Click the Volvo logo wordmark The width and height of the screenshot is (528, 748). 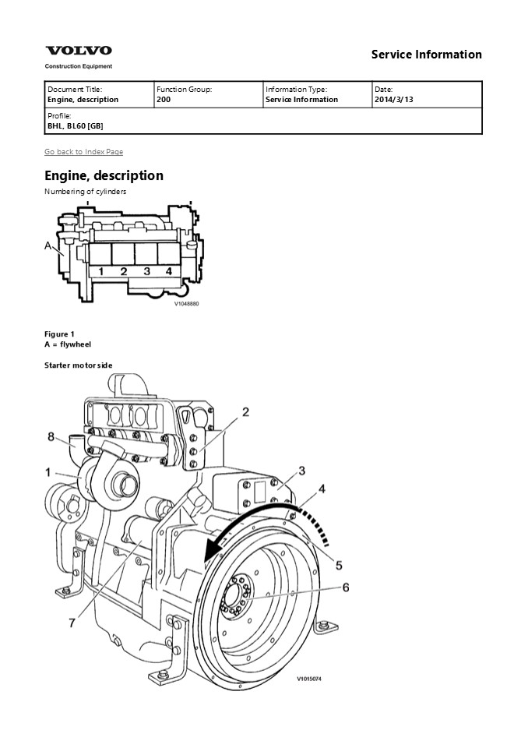[x=78, y=51]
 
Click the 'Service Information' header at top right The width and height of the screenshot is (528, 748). [x=426, y=55]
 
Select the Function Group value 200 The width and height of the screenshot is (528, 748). [x=164, y=100]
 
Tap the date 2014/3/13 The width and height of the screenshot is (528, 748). [x=393, y=100]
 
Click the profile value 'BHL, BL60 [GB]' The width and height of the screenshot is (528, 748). [x=75, y=126]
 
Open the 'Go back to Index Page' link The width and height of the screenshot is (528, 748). [x=83, y=151]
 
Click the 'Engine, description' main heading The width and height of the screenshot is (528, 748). [x=104, y=175]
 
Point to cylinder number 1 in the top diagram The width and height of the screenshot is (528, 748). [x=100, y=272]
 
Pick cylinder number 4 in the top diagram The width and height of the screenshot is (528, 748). [x=168, y=272]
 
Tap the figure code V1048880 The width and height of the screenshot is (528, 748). [x=186, y=304]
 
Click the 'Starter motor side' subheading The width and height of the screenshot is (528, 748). [x=79, y=365]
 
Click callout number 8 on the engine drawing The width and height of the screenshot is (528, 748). [x=51, y=437]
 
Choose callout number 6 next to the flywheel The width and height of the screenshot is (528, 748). [x=347, y=587]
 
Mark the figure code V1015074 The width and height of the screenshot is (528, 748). [x=308, y=679]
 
